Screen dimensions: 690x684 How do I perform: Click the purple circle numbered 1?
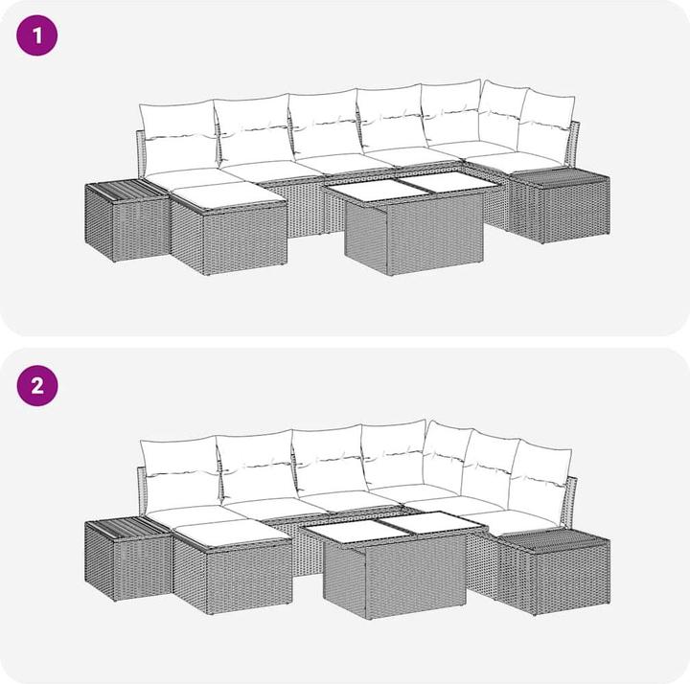pyautogui.click(x=37, y=35)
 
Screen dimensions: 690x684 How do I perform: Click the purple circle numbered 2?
pyautogui.click(x=37, y=385)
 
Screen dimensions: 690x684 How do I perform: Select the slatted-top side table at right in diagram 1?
pyautogui.click(x=560, y=206)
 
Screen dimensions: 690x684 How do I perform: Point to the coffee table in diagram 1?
pyautogui.click(x=413, y=223)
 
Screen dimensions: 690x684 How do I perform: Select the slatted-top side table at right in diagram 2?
pyautogui.click(x=554, y=571)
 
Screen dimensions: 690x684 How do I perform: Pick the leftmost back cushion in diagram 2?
pyautogui.click(x=180, y=475)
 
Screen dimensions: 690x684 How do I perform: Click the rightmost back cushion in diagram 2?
pyautogui.click(x=541, y=479)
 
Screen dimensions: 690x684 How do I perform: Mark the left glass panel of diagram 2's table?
pyautogui.click(x=357, y=532)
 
